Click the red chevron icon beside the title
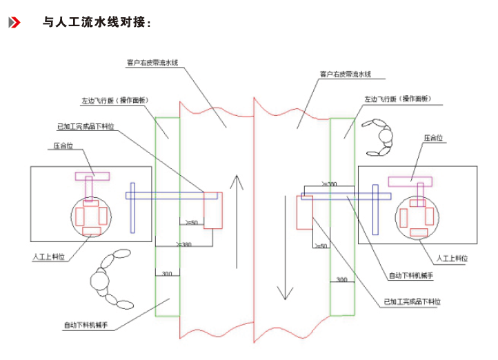click(14, 23)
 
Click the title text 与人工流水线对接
click(96, 23)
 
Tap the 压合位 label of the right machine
click(435, 138)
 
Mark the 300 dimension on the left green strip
click(166, 274)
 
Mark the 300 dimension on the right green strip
click(341, 279)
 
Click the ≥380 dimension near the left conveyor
click(185, 244)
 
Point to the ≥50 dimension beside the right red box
click(321, 246)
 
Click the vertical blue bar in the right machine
click(376, 209)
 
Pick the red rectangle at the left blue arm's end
click(213, 210)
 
